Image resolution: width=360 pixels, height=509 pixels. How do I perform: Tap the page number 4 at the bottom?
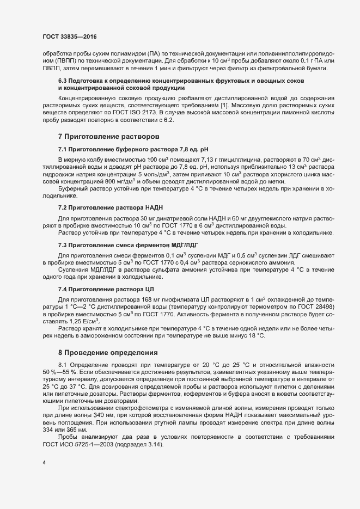(x=44, y=463)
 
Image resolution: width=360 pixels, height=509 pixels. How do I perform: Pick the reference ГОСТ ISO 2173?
(x=138, y=112)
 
